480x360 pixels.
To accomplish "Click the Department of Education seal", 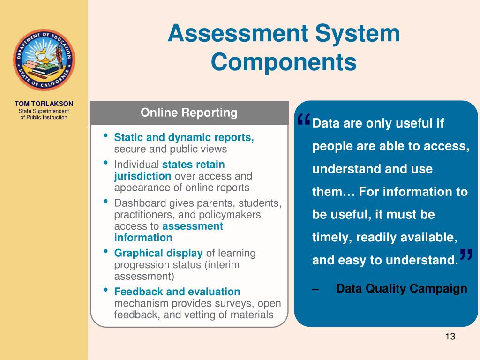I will [x=44, y=60].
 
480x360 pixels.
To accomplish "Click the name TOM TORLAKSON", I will [x=44, y=104].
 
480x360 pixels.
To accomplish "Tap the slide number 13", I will [x=450, y=337].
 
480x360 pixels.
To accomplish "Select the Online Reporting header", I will [x=189, y=113].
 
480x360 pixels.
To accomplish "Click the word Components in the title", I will [x=284, y=62].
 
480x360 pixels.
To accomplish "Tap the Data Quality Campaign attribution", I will [x=402, y=288].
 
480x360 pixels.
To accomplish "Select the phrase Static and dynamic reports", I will [x=184, y=138].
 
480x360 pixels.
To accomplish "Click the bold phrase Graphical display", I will [x=158, y=253].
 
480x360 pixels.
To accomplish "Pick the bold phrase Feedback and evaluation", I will [x=177, y=292].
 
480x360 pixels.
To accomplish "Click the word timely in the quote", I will [x=332, y=237].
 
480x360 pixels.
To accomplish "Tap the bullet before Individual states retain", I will [x=106, y=164].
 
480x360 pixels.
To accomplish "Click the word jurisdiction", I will [x=142, y=176].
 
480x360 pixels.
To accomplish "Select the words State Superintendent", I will [x=44, y=111].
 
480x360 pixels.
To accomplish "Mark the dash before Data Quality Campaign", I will [x=316, y=289].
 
